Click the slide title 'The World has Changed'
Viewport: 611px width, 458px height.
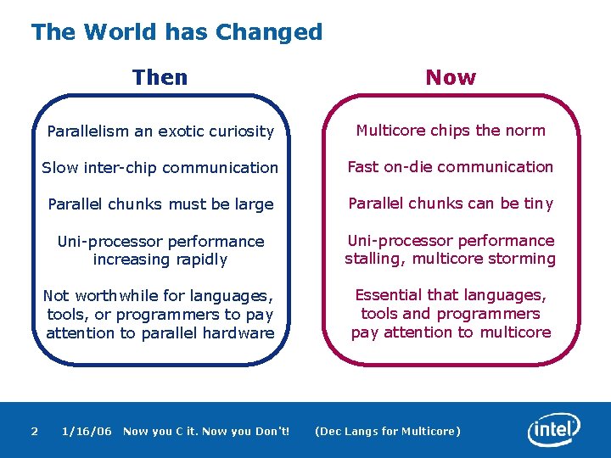coord(177,32)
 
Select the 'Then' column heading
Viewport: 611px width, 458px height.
coord(160,77)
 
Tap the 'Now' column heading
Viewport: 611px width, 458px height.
coord(451,77)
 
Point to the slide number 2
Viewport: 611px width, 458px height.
coord(34,431)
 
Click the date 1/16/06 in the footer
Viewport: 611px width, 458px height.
coord(87,431)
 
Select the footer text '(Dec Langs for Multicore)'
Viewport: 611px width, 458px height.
coord(388,431)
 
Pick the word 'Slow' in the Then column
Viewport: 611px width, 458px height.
coord(60,168)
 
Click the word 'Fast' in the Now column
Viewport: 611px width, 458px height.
coord(363,167)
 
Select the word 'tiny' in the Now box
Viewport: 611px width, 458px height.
coord(538,204)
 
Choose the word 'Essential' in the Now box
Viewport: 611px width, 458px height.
coord(390,295)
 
